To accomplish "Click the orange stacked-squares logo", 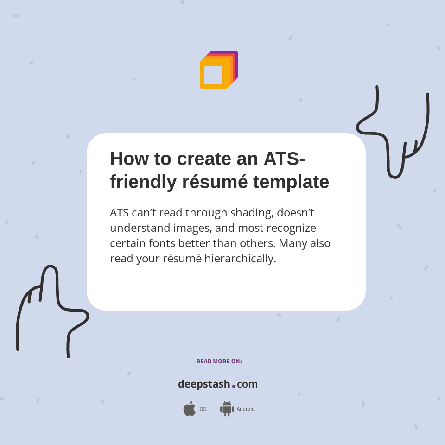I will tap(218, 70).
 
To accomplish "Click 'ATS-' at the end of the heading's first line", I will tap(284, 159).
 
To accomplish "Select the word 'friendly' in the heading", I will tap(143, 182).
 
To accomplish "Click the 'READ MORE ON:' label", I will tap(219, 362).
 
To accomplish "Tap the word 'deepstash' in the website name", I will tap(204, 384).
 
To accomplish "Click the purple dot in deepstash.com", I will tap(234, 386).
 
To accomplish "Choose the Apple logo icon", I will tap(189, 409).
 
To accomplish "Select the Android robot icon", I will tap(227, 409).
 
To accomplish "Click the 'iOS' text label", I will tap(202, 409).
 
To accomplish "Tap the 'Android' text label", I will tap(245, 409).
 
